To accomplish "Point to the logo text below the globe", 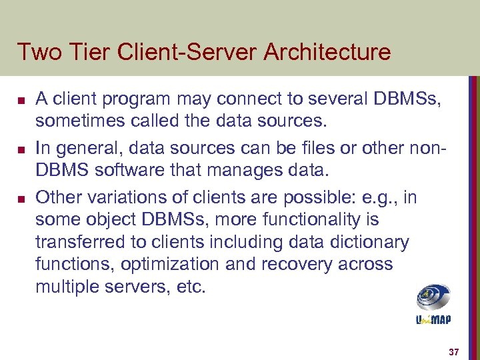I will (x=433, y=320).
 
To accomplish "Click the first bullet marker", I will (x=21, y=101).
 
